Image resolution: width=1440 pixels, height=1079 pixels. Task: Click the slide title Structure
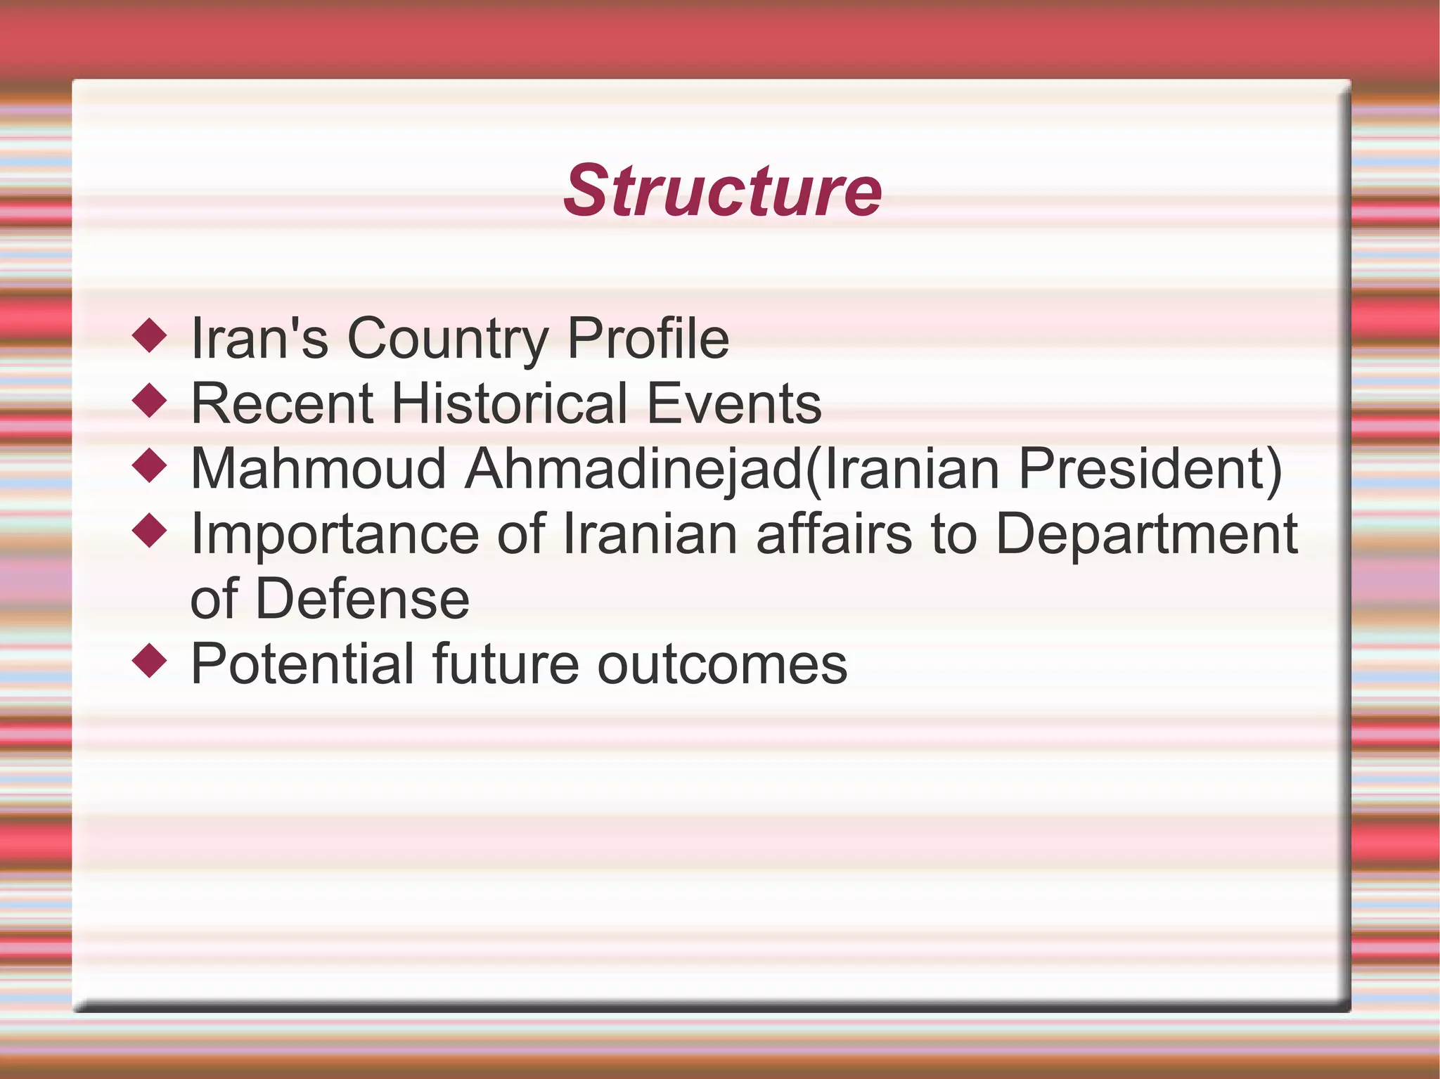point(722,191)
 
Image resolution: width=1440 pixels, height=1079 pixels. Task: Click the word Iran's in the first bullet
point(259,339)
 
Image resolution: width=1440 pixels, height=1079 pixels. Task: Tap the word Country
point(447,339)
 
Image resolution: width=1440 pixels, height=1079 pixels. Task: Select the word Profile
point(648,339)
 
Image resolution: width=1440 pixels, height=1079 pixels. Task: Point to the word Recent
point(282,404)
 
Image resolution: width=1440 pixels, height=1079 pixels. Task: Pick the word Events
point(733,404)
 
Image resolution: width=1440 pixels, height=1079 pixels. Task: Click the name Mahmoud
point(319,469)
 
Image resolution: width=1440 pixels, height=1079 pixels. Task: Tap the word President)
point(1150,469)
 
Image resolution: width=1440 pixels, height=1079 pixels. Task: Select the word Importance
point(335,534)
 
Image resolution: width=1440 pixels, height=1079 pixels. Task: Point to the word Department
point(1146,534)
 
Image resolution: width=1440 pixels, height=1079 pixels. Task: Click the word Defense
point(362,600)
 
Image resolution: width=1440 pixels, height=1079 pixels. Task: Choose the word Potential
point(302,664)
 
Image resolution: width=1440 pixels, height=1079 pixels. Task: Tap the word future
point(506,664)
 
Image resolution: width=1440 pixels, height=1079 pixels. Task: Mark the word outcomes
point(722,664)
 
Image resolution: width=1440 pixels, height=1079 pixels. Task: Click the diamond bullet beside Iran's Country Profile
point(149,335)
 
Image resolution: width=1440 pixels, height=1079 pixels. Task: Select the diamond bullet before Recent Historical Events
point(149,401)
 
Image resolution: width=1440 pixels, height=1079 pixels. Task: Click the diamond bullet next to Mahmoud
point(149,465)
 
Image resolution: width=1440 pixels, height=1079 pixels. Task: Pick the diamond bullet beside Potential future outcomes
point(149,661)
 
